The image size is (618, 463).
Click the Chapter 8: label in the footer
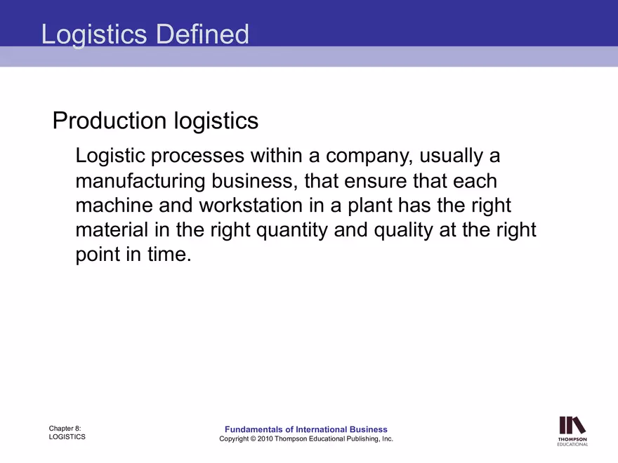coord(65,428)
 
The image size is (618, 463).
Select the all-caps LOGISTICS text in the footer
coord(67,436)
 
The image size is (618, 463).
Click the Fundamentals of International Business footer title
coord(305,429)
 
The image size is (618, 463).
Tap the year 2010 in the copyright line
coord(265,438)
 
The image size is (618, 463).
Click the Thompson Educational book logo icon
coord(572,426)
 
